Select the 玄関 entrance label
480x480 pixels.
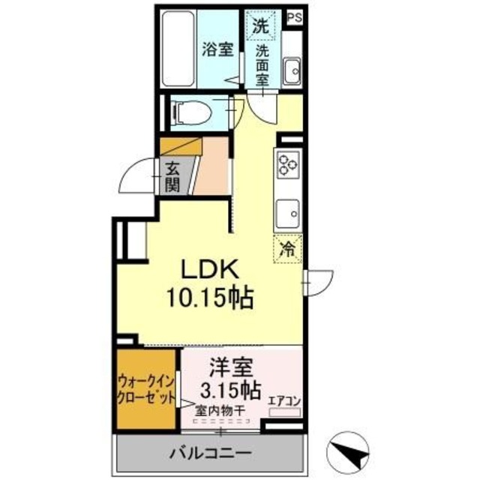172,178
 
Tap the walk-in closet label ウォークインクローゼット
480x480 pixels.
147,388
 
